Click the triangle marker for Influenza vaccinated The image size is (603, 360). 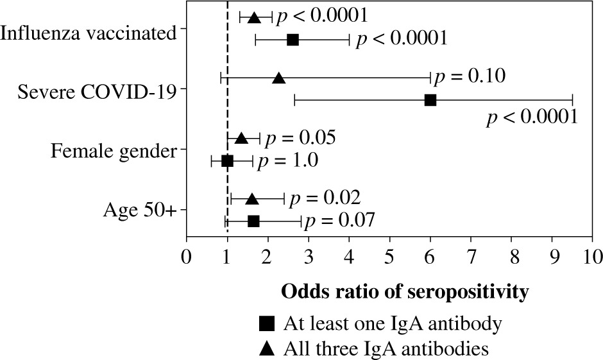click(x=253, y=17)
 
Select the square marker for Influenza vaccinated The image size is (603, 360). click(x=293, y=40)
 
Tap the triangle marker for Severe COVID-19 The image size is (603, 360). click(x=278, y=78)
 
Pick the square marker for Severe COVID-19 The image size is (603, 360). click(x=430, y=100)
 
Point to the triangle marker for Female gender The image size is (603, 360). click(x=241, y=138)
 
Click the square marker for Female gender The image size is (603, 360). click(x=227, y=160)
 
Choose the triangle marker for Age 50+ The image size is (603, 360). click(x=252, y=199)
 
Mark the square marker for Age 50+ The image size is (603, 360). click(x=253, y=221)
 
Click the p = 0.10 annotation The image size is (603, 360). click(x=470, y=77)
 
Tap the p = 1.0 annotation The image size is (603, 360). click(x=287, y=160)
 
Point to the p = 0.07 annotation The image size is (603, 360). click(x=339, y=221)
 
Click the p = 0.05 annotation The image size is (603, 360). click(x=301, y=137)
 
